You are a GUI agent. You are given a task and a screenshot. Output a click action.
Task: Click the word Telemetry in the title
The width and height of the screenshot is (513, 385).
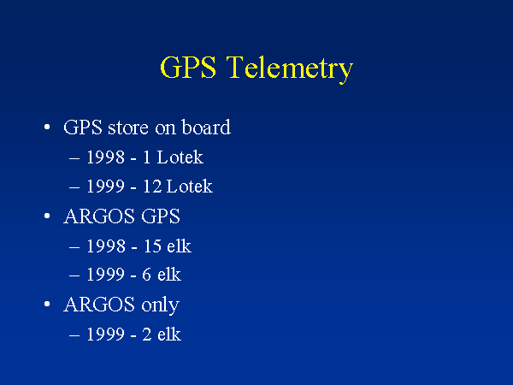pos(290,68)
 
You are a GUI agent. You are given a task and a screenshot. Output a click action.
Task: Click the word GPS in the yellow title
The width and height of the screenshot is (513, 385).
pos(188,67)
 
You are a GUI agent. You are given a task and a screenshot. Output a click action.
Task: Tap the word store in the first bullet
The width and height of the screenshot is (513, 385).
pos(128,127)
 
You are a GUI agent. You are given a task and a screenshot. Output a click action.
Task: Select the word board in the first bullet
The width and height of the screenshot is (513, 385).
pos(206,127)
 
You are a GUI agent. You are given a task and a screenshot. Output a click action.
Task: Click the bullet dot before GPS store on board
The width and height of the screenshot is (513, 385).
pos(47,127)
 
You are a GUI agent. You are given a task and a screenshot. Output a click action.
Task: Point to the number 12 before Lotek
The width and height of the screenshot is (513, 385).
pos(152,187)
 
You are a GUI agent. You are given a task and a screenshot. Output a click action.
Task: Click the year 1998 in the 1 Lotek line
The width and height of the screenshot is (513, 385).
pos(105,157)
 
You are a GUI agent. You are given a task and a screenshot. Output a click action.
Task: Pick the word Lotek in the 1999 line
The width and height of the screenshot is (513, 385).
pos(190,187)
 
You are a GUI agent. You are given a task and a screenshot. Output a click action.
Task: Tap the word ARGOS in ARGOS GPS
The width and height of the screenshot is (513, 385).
pos(99,216)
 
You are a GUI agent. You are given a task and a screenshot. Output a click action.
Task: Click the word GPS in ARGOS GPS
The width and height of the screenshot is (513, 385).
pos(161,216)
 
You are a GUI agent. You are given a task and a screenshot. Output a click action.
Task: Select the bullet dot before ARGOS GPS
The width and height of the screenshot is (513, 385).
pos(47,216)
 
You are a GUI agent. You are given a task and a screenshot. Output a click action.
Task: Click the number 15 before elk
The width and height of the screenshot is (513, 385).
pos(152,246)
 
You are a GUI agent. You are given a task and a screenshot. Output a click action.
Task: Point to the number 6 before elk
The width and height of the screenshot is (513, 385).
pos(146,275)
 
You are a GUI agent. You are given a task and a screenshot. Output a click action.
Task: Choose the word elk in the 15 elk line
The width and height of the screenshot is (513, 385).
pos(179,246)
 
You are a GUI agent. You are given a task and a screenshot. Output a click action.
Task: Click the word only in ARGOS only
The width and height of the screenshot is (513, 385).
pos(161,305)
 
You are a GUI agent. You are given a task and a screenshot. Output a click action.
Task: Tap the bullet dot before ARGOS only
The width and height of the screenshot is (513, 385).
pos(47,305)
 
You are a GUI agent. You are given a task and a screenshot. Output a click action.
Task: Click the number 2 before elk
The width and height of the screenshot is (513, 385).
pos(147,335)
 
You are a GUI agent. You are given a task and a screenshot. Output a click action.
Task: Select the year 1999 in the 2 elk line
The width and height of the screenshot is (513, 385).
pos(105,335)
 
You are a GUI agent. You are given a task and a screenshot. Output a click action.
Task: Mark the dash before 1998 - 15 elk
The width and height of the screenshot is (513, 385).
pos(74,247)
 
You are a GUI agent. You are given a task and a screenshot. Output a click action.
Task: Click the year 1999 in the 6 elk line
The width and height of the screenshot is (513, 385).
pos(105,275)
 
